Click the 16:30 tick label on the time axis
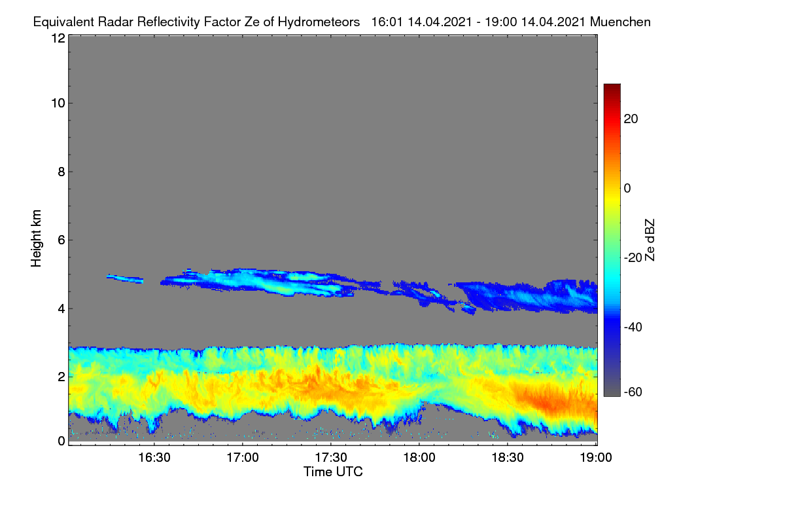pos(154,458)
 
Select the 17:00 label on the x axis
pos(243,458)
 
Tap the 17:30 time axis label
pos(331,458)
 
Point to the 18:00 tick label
pos(419,458)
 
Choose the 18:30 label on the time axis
pos(508,458)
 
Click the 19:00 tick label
pos(596,458)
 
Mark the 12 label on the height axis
pos(58,38)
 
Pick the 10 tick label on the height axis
pos(58,103)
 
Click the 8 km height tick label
pos(61,172)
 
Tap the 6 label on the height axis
pos(61,240)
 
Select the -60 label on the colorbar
pos(633,392)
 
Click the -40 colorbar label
pos(633,327)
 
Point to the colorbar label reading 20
pos(631,119)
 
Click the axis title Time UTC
pos(333,472)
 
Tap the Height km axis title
pos(36,238)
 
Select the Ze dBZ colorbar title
pos(650,240)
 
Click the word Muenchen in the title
pos(620,22)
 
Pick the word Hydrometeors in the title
pos(319,22)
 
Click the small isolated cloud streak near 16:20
pos(125,278)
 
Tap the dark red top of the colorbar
pos(612,88)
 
